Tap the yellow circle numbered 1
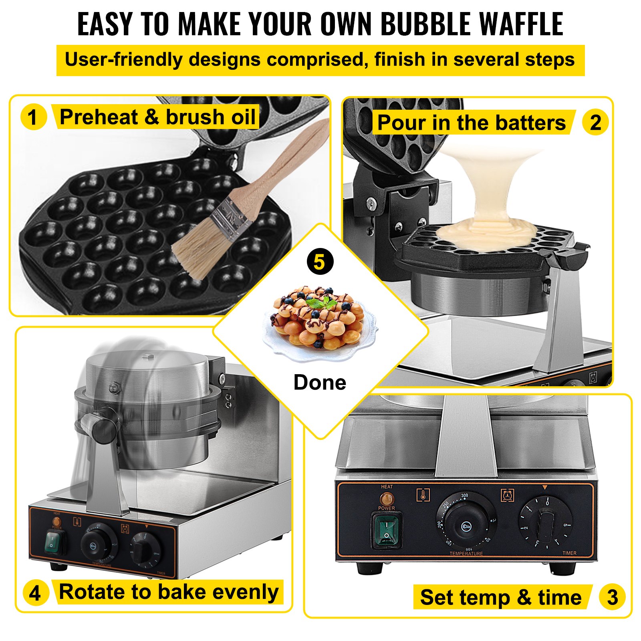tap(33, 117)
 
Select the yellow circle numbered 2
tap(595, 122)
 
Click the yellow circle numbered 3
tap(612, 597)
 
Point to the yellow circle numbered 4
tap(35, 593)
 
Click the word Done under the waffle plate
tap(320, 382)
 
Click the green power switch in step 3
tap(386, 530)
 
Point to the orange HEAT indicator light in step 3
tap(387, 499)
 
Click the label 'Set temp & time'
tap(501, 597)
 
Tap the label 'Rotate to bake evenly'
tap(168, 592)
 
